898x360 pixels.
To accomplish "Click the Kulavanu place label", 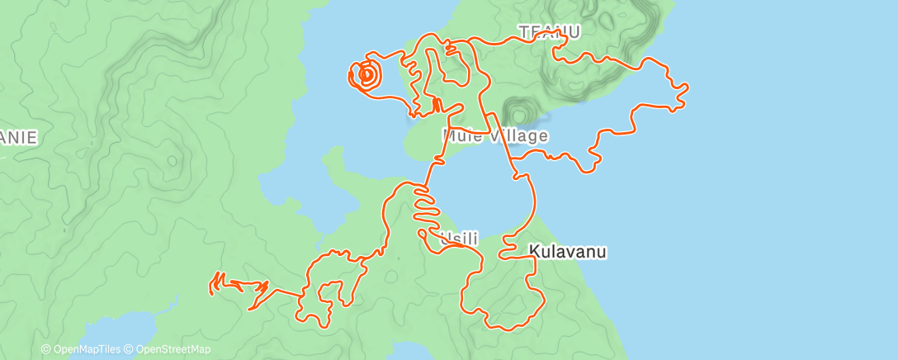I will click(567, 250).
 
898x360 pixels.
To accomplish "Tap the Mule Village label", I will click(495, 135).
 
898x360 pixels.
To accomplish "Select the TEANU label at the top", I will click(550, 32).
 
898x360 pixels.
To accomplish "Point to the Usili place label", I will click(461, 238).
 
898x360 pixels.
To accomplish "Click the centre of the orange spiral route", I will click(366, 75).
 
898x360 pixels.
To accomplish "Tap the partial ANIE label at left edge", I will click(18, 137).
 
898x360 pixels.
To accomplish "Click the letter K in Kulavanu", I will click(532, 250).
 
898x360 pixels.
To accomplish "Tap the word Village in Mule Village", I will click(521, 135).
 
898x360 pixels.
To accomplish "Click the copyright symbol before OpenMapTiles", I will click(45, 350).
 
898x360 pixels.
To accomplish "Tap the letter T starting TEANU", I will click(523, 32).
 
